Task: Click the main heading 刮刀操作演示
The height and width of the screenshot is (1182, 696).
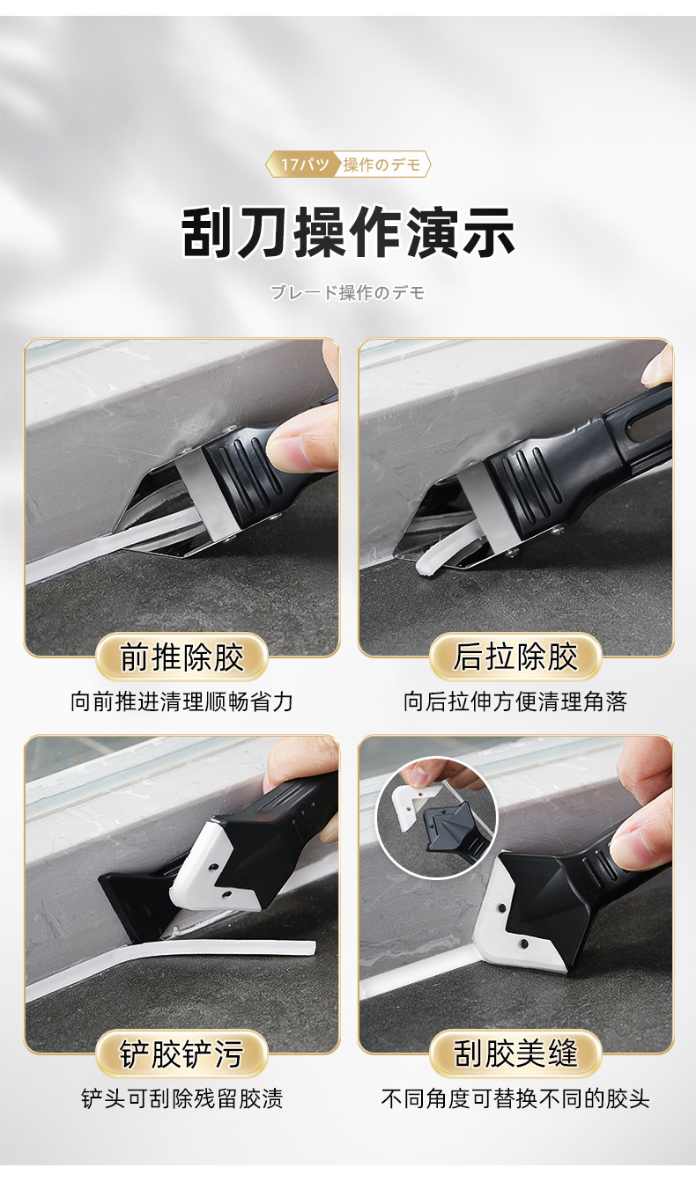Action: click(x=348, y=232)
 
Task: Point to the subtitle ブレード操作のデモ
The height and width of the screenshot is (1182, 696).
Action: click(x=347, y=292)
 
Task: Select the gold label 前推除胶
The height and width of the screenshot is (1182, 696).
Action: click(x=181, y=657)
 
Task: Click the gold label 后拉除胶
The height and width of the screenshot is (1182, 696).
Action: click(x=515, y=657)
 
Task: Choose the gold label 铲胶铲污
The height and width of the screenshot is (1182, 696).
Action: click(x=181, y=1054)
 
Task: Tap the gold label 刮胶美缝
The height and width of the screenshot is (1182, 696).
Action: click(x=515, y=1054)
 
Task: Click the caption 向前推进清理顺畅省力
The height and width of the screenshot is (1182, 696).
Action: click(x=181, y=701)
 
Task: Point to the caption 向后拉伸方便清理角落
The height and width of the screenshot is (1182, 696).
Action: click(x=515, y=701)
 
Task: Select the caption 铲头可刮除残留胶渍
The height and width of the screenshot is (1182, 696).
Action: click(x=181, y=1098)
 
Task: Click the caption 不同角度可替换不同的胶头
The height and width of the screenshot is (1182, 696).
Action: click(x=515, y=1098)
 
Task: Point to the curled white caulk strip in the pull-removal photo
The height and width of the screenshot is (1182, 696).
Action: click(x=441, y=554)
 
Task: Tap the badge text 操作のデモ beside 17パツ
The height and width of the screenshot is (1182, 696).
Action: click(x=381, y=165)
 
